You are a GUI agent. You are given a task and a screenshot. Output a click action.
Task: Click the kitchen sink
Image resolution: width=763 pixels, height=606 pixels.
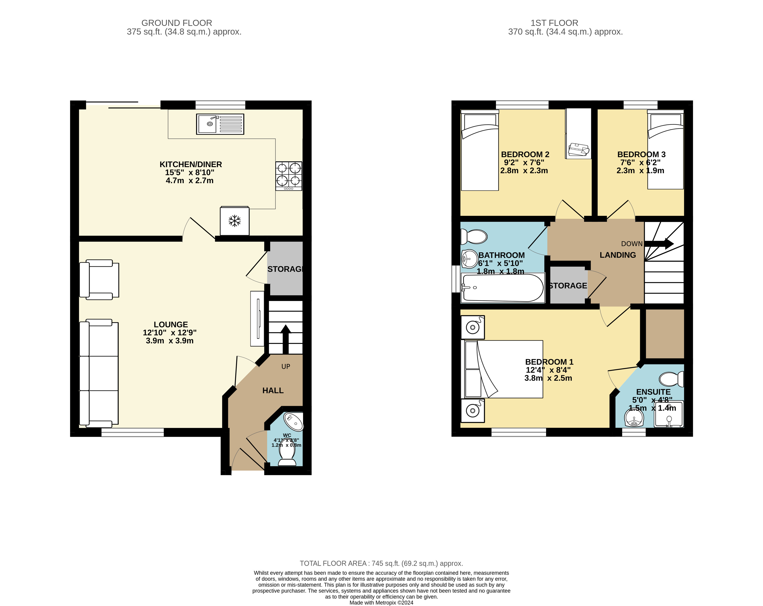click(x=220, y=124)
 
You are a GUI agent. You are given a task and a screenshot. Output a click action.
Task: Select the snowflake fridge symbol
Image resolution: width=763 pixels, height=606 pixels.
click(x=234, y=221)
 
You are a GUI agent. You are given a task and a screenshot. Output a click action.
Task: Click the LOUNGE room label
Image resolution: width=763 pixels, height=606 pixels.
click(x=171, y=324)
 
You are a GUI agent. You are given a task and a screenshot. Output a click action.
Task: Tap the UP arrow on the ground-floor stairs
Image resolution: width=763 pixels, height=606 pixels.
click(x=285, y=338)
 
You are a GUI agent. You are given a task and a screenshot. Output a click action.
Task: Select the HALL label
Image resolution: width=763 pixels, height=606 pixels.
click(x=273, y=390)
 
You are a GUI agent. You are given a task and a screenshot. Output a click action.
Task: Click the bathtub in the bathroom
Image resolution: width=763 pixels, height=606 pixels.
click(x=503, y=288)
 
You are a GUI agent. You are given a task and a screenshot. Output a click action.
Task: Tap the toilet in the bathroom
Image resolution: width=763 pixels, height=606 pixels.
click(x=474, y=237)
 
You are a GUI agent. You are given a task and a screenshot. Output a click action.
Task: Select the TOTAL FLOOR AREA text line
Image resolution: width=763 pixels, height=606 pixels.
click(x=381, y=563)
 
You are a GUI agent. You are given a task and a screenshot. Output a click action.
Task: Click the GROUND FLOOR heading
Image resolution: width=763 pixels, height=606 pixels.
click(x=177, y=23)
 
